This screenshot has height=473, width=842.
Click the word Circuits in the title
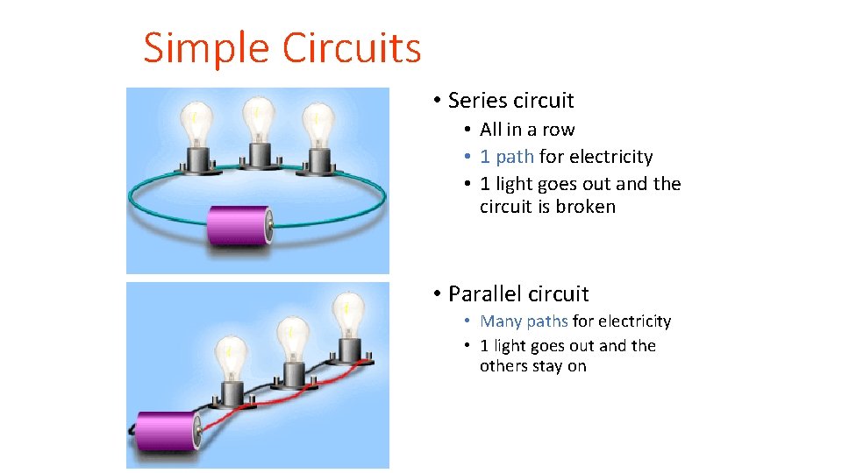(352, 48)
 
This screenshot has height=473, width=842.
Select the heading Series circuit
(510, 101)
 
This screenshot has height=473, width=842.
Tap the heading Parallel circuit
(518, 293)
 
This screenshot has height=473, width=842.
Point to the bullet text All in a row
(527, 130)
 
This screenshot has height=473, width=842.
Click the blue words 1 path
(506, 157)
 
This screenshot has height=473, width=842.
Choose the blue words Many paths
(524, 321)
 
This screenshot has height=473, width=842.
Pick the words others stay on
(532, 366)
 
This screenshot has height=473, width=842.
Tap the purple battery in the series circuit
(239, 227)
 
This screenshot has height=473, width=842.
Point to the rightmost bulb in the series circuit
(317, 127)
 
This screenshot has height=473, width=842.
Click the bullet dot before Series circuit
(436, 102)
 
